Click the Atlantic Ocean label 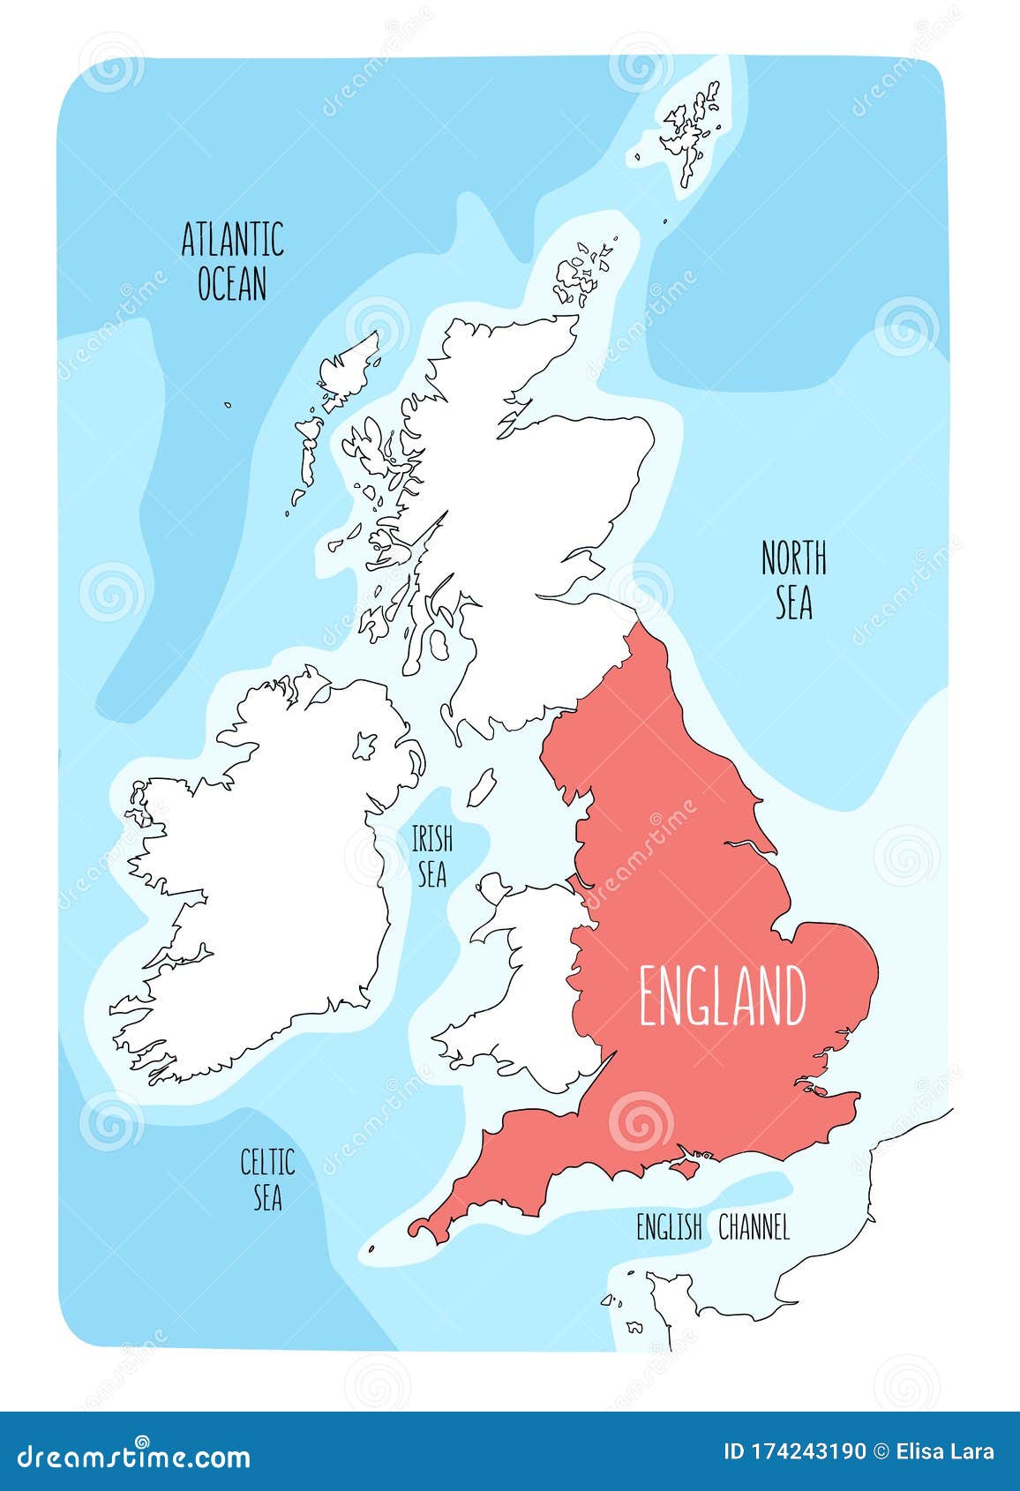(232, 261)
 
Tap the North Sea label (794, 580)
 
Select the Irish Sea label (431, 856)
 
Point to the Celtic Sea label (267, 1179)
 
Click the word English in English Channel (669, 1227)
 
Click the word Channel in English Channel (754, 1227)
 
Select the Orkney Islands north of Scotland (579, 273)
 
